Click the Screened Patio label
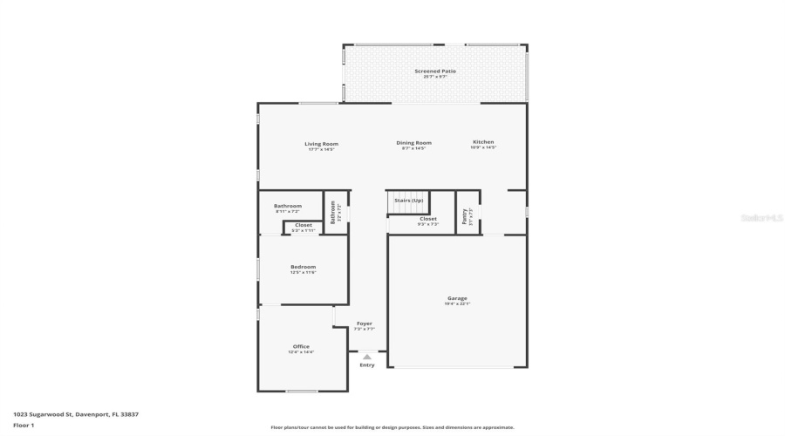coord(435,71)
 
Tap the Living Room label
coord(321,144)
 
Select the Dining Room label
coord(413,143)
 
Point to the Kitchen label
coord(483,142)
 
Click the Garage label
coord(457,298)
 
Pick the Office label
coord(301,346)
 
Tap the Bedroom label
coord(303,267)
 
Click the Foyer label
coord(364,324)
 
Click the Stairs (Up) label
coord(408,201)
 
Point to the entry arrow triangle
coord(367,357)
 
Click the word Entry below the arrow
coord(367,364)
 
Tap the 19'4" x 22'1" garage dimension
coord(457,303)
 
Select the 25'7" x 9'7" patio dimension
coord(435,77)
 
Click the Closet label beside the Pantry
coord(428,219)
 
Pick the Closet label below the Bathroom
coord(303,225)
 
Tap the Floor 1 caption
coord(24,425)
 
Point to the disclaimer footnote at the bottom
coord(392,427)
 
